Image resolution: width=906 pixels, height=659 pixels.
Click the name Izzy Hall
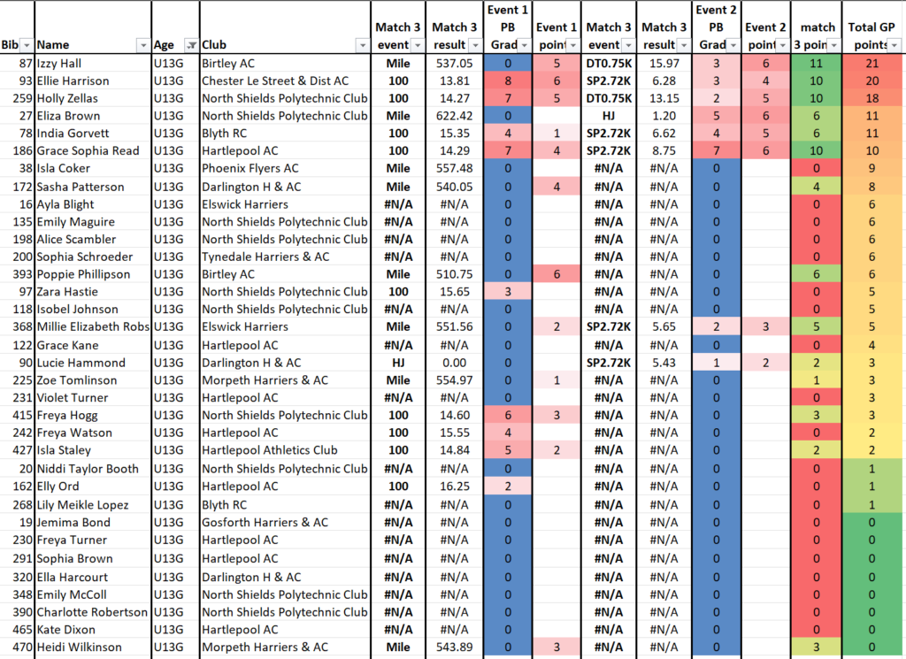pos(59,64)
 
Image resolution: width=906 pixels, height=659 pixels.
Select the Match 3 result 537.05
pos(454,64)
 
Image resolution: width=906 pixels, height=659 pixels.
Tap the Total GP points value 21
pos(871,64)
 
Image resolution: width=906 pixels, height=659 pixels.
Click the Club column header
pos(214,44)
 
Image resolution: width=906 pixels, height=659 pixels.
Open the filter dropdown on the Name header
pos(142,45)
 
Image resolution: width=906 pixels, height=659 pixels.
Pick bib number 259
pos(22,98)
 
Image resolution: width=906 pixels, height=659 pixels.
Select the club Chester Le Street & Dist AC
pos(275,80)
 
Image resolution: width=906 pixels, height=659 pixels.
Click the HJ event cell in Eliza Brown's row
pos(609,116)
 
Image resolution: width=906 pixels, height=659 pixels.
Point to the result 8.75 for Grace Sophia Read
pos(664,150)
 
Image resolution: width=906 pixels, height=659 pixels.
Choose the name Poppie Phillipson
pos(83,274)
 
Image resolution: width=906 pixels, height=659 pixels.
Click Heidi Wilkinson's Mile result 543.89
pos(454,647)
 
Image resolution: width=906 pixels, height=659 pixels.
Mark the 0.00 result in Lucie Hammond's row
pos(454,363)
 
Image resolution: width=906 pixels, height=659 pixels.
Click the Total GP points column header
pos(871,35)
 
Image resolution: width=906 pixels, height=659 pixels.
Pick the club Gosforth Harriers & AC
pos(265,522)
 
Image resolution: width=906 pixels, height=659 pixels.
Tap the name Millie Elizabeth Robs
pos(93,326)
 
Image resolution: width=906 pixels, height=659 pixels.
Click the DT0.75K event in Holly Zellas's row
pos(609,98)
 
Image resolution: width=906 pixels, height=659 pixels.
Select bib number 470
pos(22,647)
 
